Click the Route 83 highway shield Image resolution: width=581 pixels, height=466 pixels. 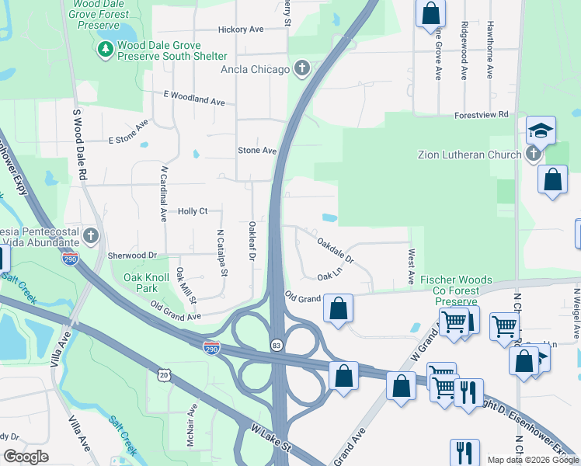tap(277, 343)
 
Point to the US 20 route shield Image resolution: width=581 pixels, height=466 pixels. tap(163, 374)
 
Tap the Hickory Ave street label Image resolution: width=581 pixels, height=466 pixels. tap(241, 30)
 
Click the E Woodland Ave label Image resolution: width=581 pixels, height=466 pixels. tap(193, 98)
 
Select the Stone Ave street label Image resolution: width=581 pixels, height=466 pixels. tap(257, 150)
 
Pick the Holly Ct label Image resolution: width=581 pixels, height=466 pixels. tap(193, 210)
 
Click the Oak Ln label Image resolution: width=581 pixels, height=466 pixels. tap(329, 276)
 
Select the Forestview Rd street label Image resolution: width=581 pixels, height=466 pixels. tap(481, 114)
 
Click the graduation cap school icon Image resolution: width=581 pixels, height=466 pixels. tap(541, 129)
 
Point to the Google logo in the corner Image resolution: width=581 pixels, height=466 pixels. tap(26, 457)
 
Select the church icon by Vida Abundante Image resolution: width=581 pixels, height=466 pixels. tap(91, 235)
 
